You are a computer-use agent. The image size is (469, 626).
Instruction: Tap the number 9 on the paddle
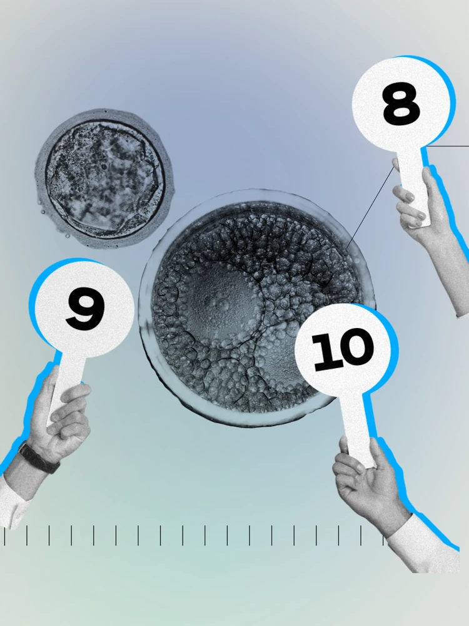(x=85, y=309)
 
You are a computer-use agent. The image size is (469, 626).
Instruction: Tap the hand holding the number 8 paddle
(x=416, y=200)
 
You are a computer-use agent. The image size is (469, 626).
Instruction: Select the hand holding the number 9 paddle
(x=59, y=419)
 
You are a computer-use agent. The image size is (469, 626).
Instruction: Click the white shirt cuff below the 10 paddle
(x=425, y=545)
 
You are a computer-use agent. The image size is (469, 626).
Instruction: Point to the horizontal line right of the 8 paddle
(x=450, y=146)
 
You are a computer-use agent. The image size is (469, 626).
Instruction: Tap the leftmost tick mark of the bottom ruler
(x=5, y=536)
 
